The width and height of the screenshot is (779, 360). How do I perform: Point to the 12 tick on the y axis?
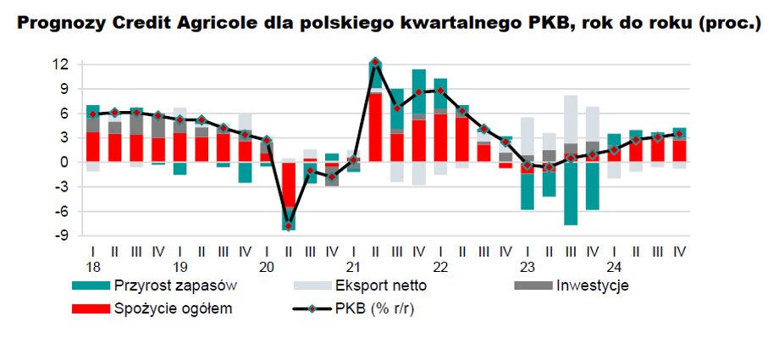pos(61,64)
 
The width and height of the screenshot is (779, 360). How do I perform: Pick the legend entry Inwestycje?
pos(590,286)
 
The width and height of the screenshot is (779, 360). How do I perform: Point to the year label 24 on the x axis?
pos(614,265)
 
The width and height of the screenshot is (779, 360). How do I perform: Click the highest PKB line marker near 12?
pos(375,62)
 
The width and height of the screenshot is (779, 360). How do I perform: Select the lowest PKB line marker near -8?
pos(289,226)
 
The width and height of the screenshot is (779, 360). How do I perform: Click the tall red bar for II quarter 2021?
pos(375,127)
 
